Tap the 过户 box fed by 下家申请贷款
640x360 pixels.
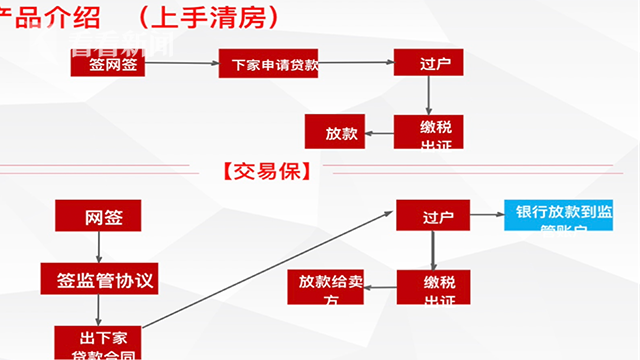coord(428,62)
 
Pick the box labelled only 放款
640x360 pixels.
coord(334,131)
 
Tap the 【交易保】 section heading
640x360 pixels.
coord(262,171)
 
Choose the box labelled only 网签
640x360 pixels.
coord(98,216)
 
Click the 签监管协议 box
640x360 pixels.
coord(98,278)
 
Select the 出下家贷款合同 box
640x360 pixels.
coord(98,341)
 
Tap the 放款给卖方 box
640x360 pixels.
coord(325,287)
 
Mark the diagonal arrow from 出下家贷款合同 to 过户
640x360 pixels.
coord(270,270)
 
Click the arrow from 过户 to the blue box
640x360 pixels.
coord(486,215)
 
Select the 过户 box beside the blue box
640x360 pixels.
coord(432,215)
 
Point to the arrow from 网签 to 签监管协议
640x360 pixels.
coord(98,247)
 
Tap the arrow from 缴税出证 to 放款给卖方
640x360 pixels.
coord(379,288)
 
